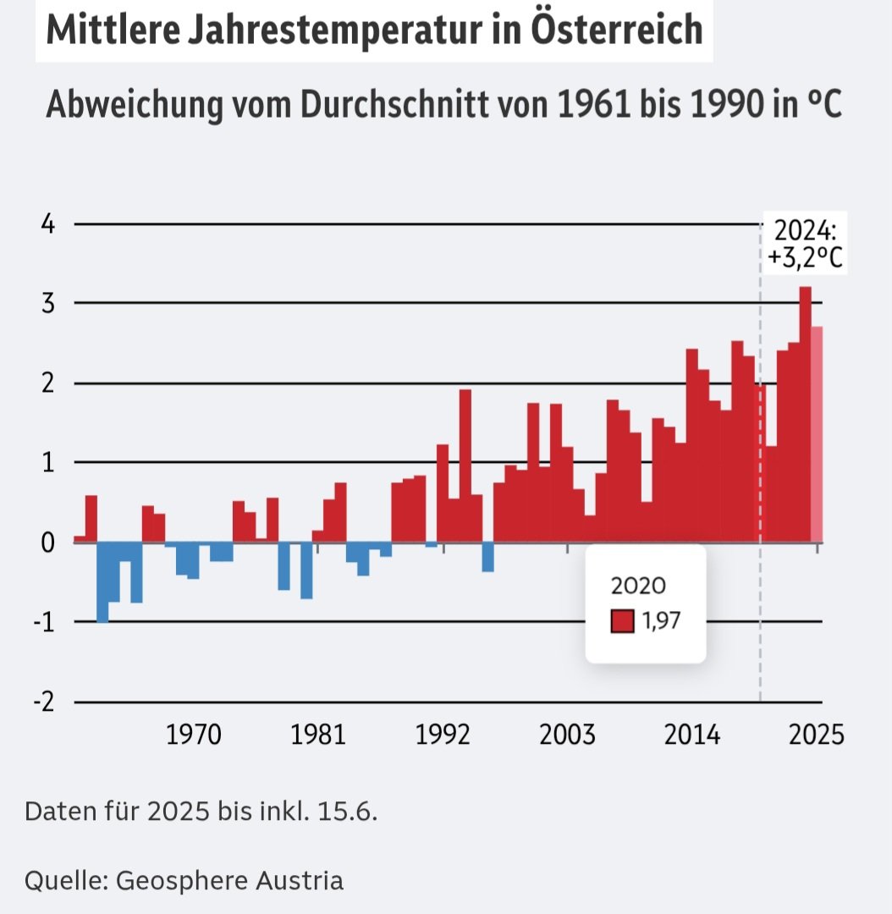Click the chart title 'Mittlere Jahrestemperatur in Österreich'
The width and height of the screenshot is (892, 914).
pos(373,30)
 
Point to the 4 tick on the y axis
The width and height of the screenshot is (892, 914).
pos(49,225)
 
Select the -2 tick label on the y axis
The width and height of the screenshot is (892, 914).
pos(44,702)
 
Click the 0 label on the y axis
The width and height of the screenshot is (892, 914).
pos(49,542)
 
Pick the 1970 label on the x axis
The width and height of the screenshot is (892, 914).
pos(194,735)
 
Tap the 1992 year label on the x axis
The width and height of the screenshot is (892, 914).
pos(443,735)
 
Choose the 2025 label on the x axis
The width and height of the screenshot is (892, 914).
pos(817,735)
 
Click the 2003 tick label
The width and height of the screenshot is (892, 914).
pos(567,735)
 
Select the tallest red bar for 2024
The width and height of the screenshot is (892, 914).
pos(805,415)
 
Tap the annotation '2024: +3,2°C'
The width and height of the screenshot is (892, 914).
pos(805,244)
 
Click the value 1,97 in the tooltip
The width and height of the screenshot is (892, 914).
pos(661,622)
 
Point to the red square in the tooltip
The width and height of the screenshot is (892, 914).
pos(622,622)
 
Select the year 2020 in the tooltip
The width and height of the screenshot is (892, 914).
pos(638,586)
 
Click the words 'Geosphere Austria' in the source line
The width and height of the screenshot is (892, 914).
pos(229,880)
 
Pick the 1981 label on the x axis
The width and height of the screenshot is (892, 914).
pos(318,735)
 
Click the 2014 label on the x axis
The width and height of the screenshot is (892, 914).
pos(692,735)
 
